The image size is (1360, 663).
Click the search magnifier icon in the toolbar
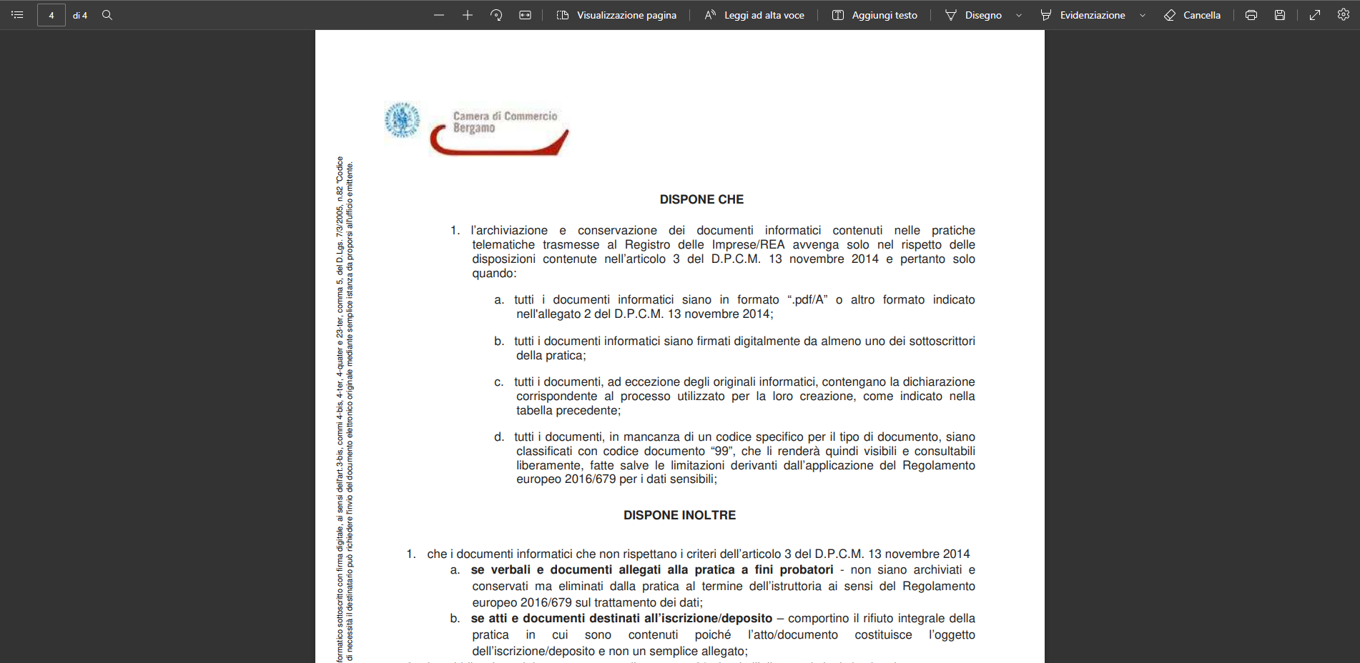(107, 15)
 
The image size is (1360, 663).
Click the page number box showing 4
(51, 15)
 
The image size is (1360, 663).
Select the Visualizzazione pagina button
(616, 15)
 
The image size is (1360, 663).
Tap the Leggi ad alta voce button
(754, 15)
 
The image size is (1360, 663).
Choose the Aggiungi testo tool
(874, 15)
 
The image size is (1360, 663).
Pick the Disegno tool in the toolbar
(973, 15)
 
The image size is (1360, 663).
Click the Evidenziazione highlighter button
(1083, 15)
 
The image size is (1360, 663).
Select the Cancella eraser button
(1192, 15)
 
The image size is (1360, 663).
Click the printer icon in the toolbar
(1251, 15)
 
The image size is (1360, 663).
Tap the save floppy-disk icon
(1280, 15)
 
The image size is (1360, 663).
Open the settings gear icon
(1344, 14)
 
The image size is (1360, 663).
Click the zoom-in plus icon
(468, 15)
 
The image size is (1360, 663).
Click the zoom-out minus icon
(439, 15)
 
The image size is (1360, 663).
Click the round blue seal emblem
(403, 119)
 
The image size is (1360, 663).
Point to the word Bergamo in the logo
(474, 128)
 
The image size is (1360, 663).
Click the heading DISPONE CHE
(701, 199)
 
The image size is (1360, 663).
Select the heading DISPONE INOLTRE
(679, 515)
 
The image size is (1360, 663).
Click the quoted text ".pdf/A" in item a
(807, 300)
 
